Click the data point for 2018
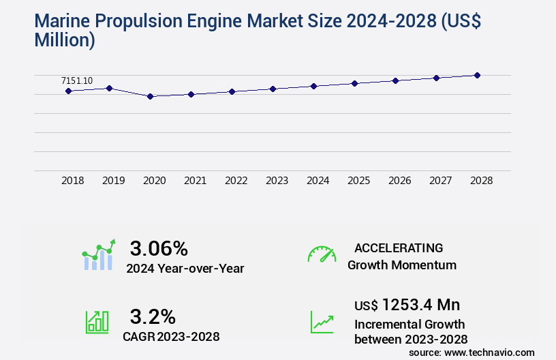click(69, 91)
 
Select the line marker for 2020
click(151, 96)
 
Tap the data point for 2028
click(477, 75)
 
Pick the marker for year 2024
click(313, 86)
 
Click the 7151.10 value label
click(77, 80)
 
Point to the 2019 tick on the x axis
click(114, 181)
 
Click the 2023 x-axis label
click(277, 181)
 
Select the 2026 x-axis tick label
click(400, 181)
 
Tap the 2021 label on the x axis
click(196, 181)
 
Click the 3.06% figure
click(159, 248)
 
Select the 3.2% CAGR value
click(153, 316)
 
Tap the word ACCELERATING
click(399, 247)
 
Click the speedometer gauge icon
click(322, 254)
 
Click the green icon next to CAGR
click(97, 322)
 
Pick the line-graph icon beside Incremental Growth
click(322, 322)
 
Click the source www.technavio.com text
click(472, 352)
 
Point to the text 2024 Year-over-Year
click(185, 268)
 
